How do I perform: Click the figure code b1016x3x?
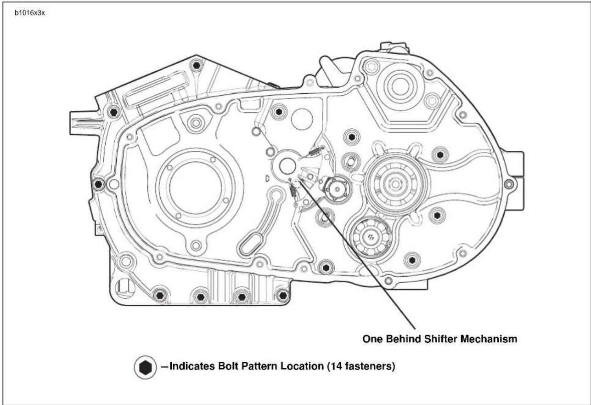[29, 13]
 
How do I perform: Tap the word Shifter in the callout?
[441, 339]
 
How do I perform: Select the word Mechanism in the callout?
[489, 339]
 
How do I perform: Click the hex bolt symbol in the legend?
[146, 367]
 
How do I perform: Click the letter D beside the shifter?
[267, 179]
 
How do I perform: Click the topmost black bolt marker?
[196, 65]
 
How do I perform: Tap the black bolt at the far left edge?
[98, 184]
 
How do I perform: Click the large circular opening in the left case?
[196, 186]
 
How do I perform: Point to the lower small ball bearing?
[372, 236]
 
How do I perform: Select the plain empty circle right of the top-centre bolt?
[302, 120]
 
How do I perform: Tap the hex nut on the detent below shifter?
[337, 188]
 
